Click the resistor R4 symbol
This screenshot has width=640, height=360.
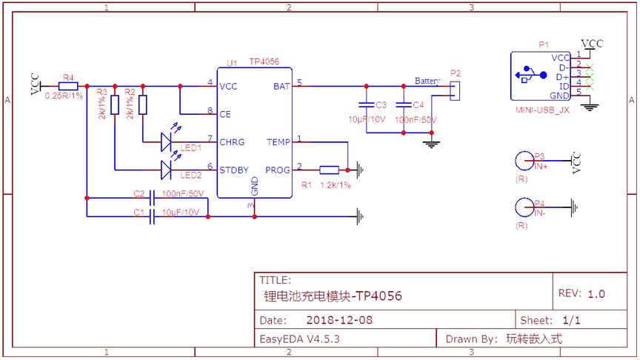coord(68,86)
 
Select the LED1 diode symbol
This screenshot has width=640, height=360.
coord(167,140)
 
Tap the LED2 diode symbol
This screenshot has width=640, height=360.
coord(167,170)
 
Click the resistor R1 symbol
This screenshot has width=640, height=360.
coord(329,169)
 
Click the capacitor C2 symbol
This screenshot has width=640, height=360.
coord(153,198)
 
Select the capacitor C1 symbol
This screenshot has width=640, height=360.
coord(153,216)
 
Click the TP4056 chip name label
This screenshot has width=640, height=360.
coord(264,62)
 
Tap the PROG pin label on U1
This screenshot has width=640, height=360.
coord(279,170)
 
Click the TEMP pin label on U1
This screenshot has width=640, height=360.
coord(279,141)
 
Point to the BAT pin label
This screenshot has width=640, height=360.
coord(281,86)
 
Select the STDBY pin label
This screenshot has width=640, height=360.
coord(234,170)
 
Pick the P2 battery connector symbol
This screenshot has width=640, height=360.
coord(454,90)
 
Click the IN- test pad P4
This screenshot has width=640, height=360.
coord(524,207)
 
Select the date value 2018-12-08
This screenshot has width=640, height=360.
coord(339,320)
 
